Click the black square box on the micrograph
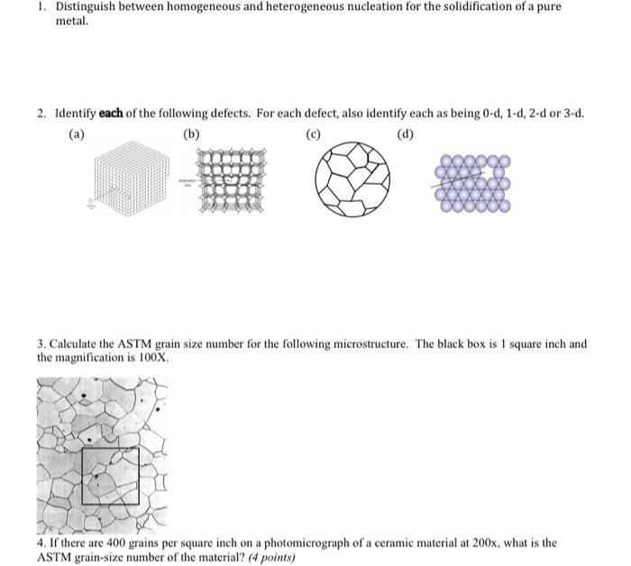coord(110,476)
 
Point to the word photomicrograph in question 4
coord(267,543)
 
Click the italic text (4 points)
coord(270,557)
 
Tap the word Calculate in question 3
coord(75,344)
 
